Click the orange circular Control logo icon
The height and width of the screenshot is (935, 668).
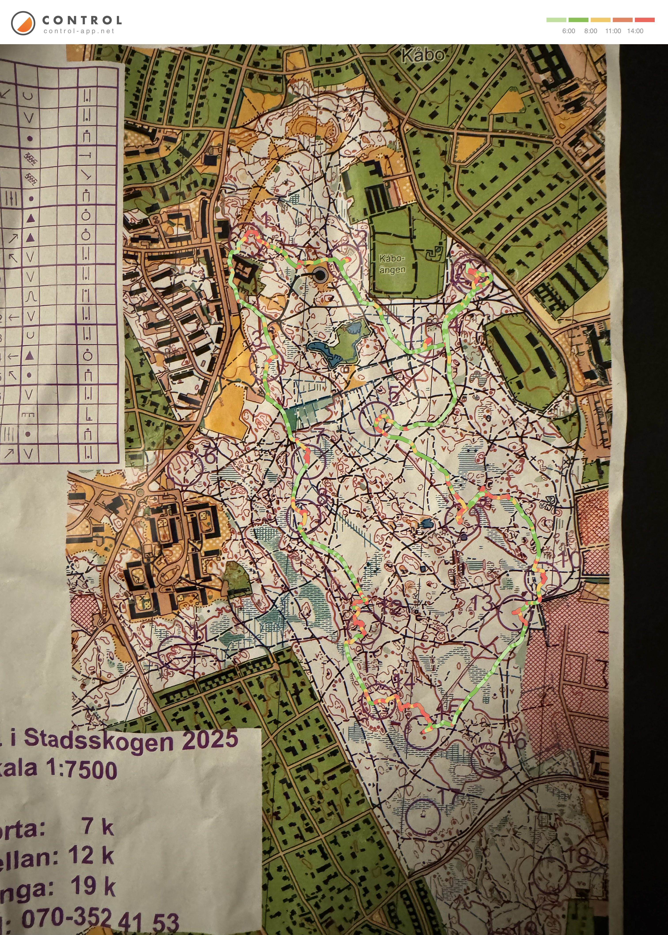(x=23, y=23)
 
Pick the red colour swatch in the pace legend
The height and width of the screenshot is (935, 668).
(x=645, y=20)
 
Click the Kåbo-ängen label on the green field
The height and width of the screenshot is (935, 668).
(x=392, y=264)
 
